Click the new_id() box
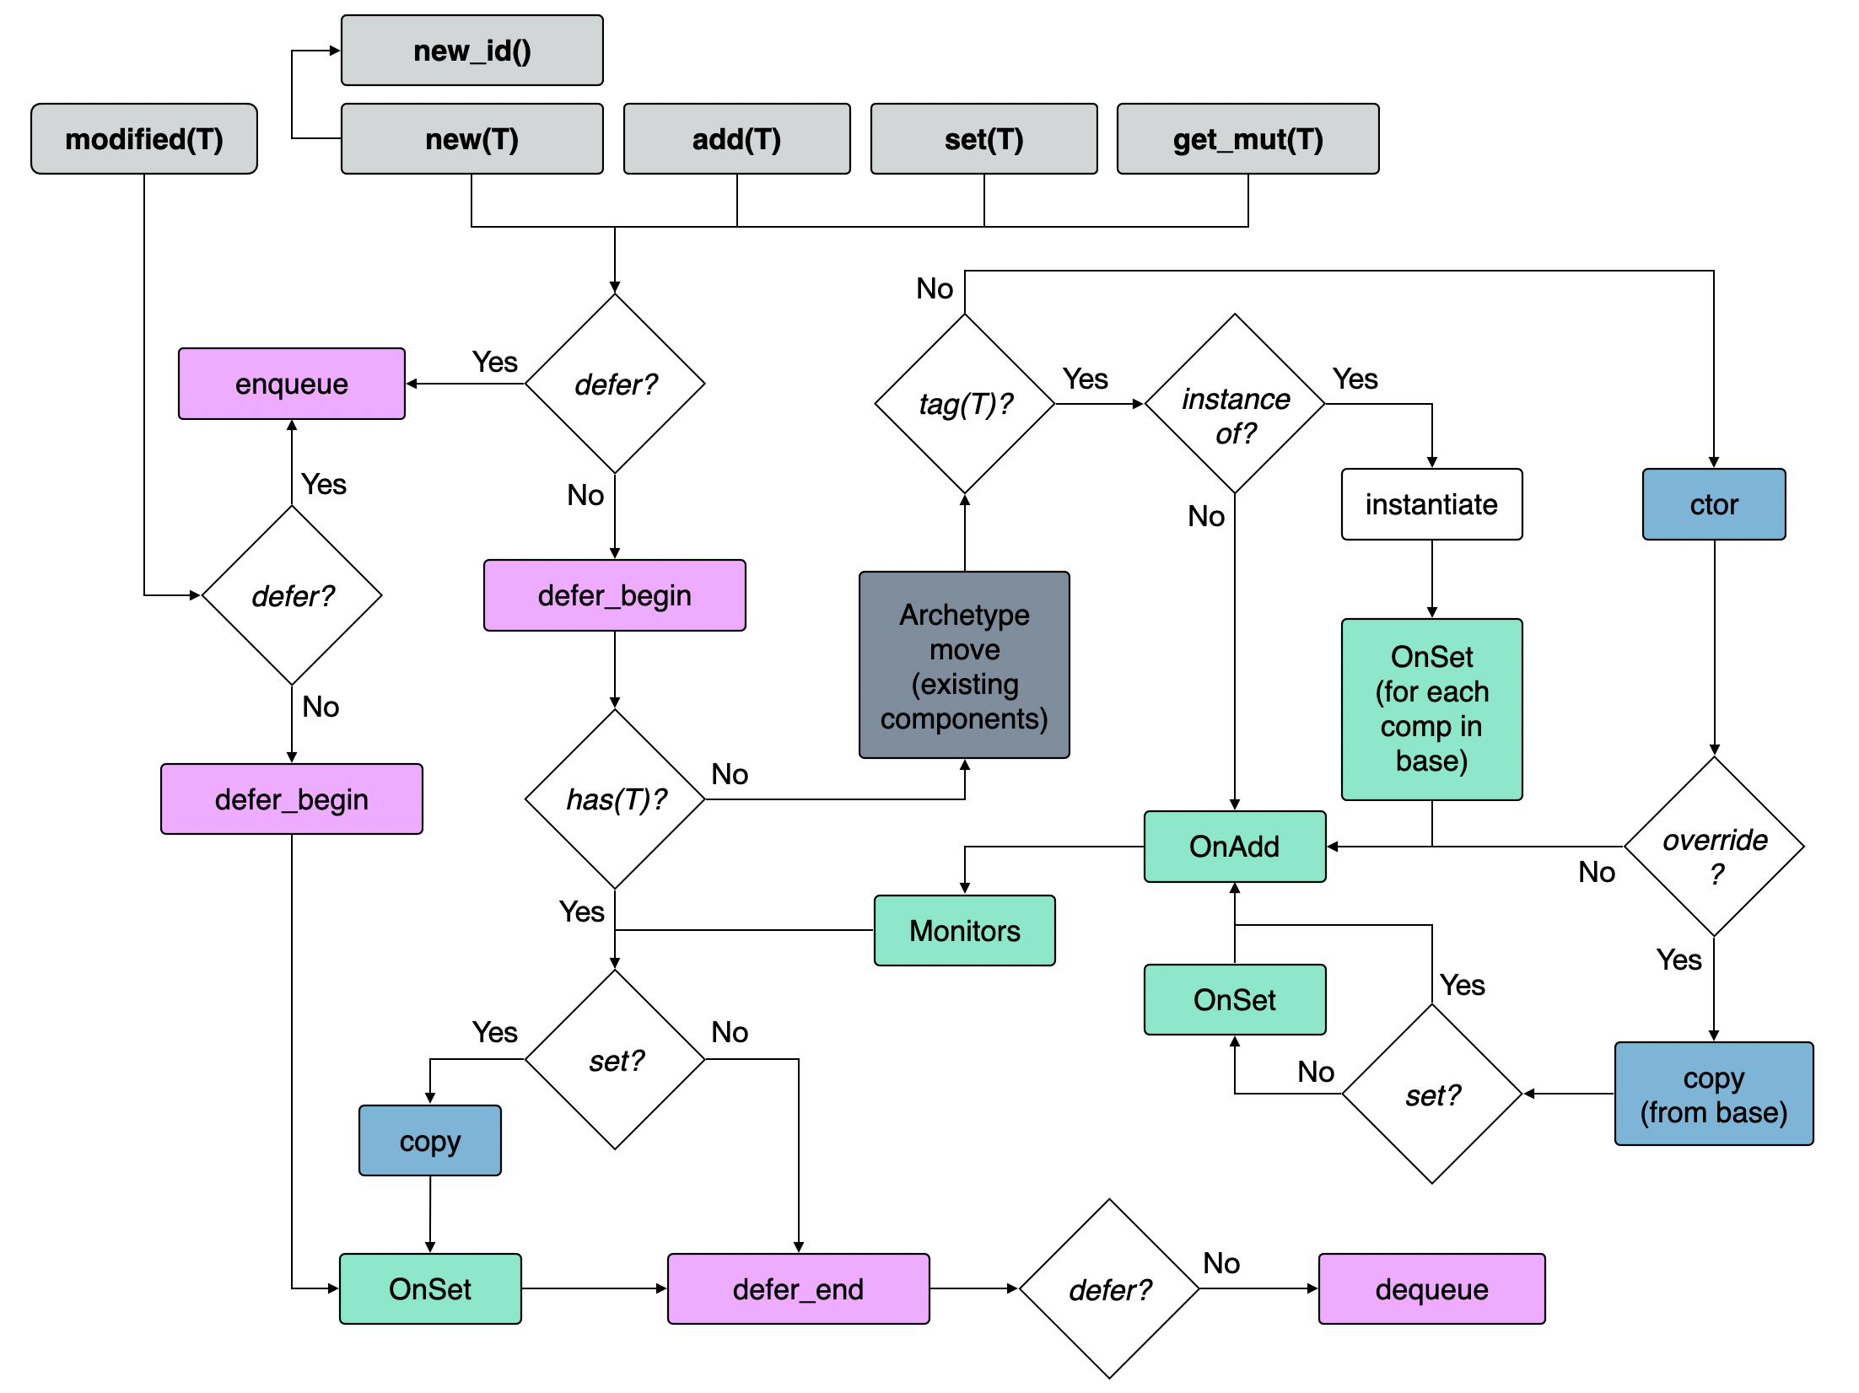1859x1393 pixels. point(471,51)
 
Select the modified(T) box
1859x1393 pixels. point(144,139)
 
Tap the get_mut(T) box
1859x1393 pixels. point(1247,139)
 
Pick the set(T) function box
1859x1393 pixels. point(983,139)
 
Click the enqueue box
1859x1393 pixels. point(291,384)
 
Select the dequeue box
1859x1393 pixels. point(1431,1289)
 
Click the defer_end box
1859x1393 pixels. point(798,1289)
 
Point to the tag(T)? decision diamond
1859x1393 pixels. point(965,404)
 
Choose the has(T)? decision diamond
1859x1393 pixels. point(615,799)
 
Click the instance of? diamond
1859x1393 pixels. point(1235,404)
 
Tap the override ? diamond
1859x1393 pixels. point(1714,846)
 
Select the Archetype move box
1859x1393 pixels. point(964,665)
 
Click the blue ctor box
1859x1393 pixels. point(1714,504)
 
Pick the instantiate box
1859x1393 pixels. point(1431,504)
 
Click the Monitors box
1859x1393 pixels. point(964,931)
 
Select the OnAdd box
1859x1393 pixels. point(1234,847)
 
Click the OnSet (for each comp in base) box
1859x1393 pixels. point(1431,709)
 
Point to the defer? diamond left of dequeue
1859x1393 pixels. point(1109,1289)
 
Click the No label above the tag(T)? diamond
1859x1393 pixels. point(935,288)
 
